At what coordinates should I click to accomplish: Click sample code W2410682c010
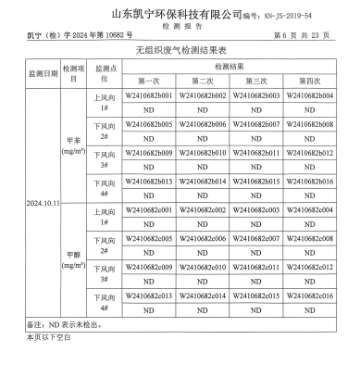pos(203,267)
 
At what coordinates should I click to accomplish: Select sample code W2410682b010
pos(203,153)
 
